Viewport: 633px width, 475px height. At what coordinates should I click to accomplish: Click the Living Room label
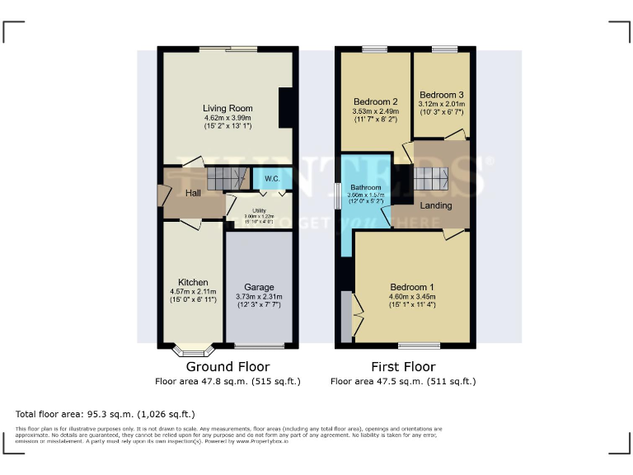(227, 108)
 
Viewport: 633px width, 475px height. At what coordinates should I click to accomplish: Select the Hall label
(193, 193)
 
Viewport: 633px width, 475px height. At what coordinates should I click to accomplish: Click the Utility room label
(259, 211)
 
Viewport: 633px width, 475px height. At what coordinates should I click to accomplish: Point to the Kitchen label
(193, 282)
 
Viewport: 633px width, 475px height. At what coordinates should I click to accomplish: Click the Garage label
(259, 288)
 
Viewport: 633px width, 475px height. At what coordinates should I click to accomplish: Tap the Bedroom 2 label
(375, 101)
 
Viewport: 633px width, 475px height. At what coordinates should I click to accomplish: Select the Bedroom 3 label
(442, 95)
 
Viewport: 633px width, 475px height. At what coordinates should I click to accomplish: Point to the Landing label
(436, 205)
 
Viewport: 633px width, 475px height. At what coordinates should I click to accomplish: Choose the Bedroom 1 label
(412, 288)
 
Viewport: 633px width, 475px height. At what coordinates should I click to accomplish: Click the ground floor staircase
(227, 177)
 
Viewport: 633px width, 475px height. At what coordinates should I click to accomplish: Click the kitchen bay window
(193, 350)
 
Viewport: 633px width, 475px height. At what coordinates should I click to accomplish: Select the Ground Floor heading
(227, 367)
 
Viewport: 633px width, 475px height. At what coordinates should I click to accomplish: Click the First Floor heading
(403, 367)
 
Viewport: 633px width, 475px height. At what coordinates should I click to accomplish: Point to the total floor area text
(105, 414)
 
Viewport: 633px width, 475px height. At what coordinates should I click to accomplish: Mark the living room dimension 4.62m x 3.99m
(227, 118)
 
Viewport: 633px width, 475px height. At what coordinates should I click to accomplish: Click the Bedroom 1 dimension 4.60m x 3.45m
(412, 297)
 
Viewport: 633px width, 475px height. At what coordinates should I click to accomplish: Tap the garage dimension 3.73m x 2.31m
(259, 297)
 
